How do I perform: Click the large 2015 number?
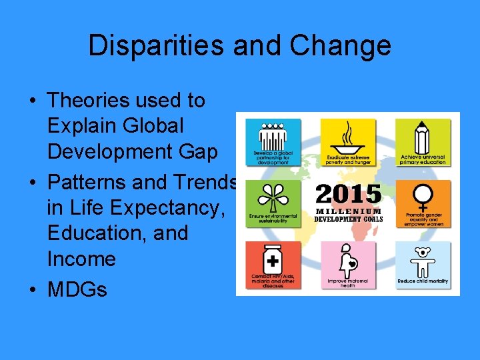coord(348,195)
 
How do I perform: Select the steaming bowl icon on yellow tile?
coord(348,137)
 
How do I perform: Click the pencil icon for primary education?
coord(422,137)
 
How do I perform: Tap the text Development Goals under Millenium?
coord(349,219)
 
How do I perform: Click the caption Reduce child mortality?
coord(423,281)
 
